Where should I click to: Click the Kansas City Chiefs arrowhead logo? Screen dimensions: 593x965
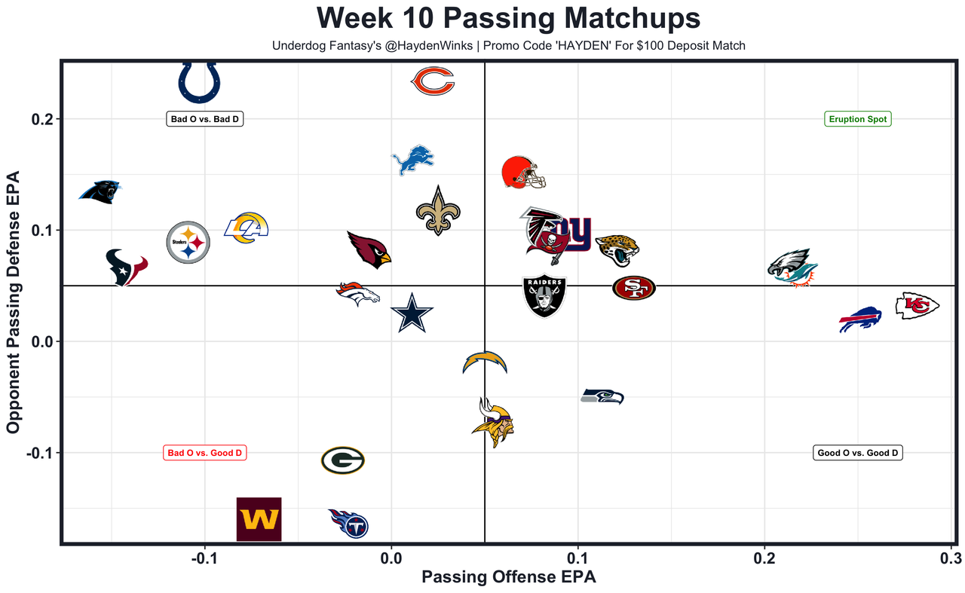[x=917, y=306]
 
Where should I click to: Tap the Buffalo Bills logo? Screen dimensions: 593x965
[x=860, y=319]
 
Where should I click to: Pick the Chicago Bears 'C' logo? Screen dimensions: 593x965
[x=433, y=81]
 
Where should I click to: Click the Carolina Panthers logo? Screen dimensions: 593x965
[x=100, y=192]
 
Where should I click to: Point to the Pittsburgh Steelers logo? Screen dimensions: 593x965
[x=188, y=242]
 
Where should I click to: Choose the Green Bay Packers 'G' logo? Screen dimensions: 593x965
[x=343, y=460]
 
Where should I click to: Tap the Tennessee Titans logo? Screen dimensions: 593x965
[x=349, y=522]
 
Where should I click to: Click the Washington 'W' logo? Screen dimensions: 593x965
[x=259, y=519]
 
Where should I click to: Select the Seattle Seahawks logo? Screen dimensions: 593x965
[x=602, y=396]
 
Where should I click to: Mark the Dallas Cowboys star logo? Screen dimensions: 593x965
[x=412, y=313]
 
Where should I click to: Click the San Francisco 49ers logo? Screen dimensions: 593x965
[x=633, y=288]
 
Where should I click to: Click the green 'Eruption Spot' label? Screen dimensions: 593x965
[x=858, y=119]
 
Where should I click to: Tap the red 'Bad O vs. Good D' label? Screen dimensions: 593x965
[x=205, y=453]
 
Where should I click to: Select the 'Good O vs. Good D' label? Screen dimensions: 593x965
[x=858, y=453]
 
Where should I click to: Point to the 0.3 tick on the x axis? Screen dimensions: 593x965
[x=951, y=558]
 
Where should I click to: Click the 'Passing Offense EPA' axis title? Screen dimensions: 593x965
[x=508, y=578]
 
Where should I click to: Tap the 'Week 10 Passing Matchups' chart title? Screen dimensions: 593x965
[x=508, y=18]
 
